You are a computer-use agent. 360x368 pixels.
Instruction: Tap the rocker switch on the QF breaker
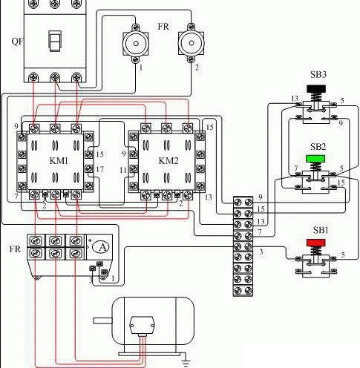coord(53,41)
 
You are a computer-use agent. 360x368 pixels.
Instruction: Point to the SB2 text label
coord(318,147)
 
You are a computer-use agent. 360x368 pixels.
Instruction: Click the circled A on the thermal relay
coord(104,246)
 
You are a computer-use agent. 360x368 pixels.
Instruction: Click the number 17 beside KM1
coord(100,169)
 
